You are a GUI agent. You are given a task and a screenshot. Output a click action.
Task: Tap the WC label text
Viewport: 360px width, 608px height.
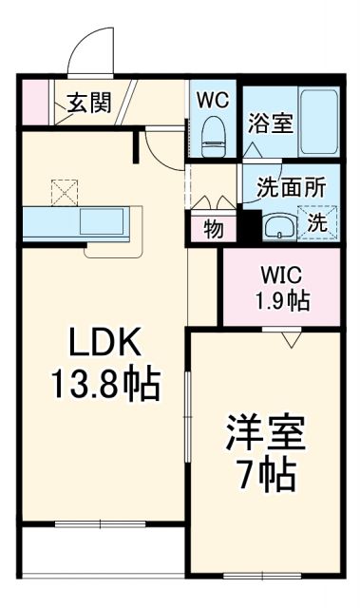coord(213,99)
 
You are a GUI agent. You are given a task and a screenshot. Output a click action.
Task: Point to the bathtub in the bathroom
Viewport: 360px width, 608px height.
coord(319,122)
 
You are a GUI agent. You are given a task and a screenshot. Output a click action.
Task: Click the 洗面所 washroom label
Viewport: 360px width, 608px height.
coord(292,186)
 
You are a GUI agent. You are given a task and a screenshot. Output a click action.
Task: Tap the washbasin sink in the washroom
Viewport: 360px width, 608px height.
coord(277,226)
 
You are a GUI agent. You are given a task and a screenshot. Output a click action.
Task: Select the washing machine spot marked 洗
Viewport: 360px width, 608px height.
coord(316,224)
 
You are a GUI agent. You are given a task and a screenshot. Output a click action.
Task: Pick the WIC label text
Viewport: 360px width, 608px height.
coord(280,275)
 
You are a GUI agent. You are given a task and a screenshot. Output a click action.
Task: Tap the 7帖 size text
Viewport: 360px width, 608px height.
coord(265,473)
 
